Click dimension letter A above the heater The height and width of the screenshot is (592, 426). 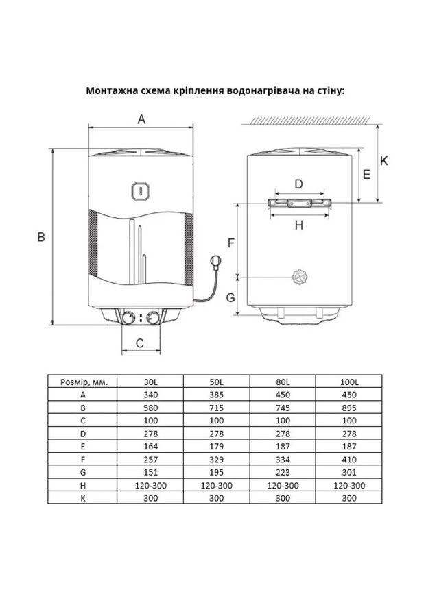pos(142,119)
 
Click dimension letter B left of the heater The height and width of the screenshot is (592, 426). pos(41,237)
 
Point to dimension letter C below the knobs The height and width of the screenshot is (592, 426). pos(139,343)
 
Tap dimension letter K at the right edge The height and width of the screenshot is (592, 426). pos(384,161)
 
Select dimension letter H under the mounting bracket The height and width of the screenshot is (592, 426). pos(298,225)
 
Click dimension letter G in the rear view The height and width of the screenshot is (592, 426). pos(230,297)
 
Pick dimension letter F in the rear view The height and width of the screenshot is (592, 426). pos(231,243)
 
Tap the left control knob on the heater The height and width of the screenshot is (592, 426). pos(128,318)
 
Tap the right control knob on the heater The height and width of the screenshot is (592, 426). pos(154,318)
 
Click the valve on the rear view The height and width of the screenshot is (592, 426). pos(299,277)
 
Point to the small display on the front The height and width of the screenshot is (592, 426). pos(139,190)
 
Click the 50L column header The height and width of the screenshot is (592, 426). pos(217,382)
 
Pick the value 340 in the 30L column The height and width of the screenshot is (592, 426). pos(150,395)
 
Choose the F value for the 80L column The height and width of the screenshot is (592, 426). pos(283,459)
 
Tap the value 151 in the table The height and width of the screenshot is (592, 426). pos(150,472)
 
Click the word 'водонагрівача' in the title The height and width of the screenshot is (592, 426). pos(264,90)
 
